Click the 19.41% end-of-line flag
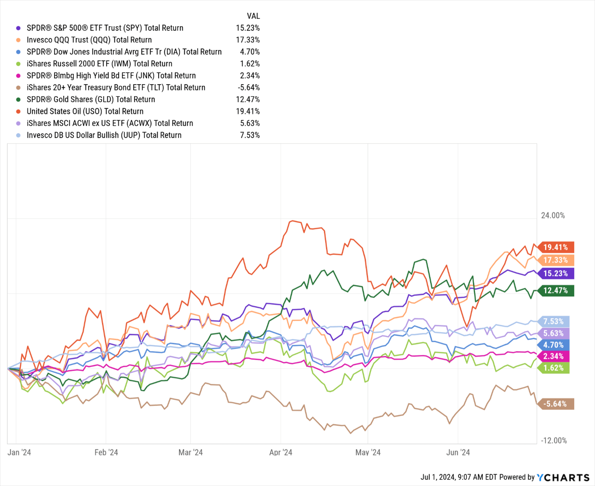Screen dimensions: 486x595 point(556,247)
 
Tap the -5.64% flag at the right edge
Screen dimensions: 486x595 point(556,404)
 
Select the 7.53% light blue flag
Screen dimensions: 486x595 point(554,322)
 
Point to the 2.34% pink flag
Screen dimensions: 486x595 point(554,356)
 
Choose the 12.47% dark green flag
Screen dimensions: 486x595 point(556,291)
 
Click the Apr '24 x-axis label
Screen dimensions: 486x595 point(280,452)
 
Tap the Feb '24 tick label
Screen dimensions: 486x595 point(106,452)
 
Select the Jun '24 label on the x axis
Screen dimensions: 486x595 point(458,452)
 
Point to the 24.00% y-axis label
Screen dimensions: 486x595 point(553,215)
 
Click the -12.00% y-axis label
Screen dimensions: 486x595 point(553,441)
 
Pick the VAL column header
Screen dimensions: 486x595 point(253,16)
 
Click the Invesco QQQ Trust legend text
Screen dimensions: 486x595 point(89,40)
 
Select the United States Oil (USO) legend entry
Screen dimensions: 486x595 point(85,111)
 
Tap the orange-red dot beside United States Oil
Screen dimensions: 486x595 point(18,112)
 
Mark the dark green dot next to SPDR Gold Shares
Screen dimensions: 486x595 point(18,100)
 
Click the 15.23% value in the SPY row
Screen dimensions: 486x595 point(248,28)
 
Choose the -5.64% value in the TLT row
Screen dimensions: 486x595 point(248,87)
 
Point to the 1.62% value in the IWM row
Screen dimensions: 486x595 point(250,64)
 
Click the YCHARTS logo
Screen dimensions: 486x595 point(563,477)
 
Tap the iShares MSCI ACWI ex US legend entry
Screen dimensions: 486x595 point(110,123)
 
